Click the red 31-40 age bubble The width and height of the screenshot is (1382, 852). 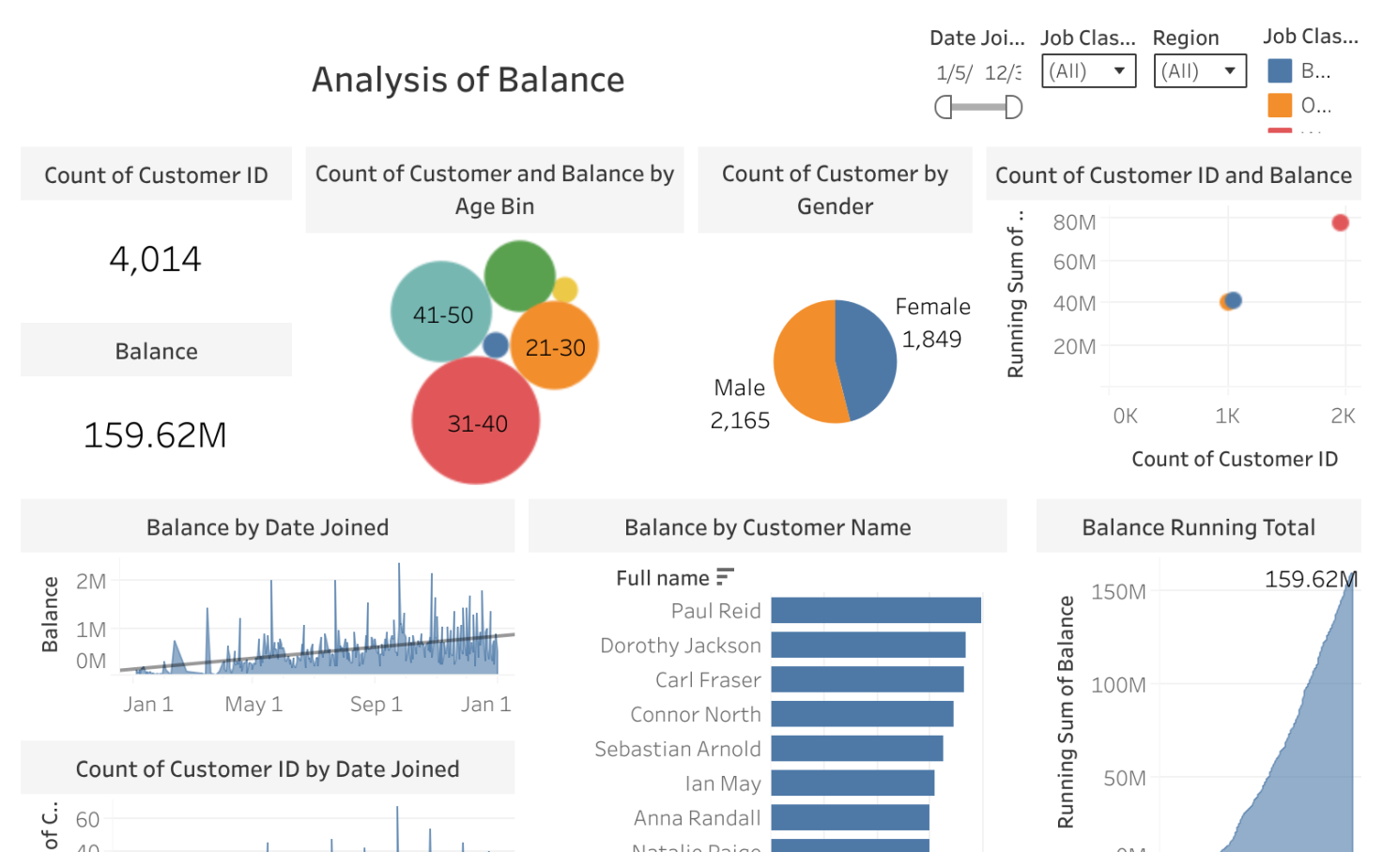pos(476,421)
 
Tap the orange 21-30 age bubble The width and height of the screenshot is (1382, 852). pos(555,346)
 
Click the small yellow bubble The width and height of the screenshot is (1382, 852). pos(565,290)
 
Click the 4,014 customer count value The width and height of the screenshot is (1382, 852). pos(156,259)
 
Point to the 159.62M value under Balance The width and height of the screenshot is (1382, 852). pos(156,435)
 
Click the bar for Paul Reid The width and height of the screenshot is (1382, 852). pos(875,611)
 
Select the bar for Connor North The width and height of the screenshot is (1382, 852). pos(862,714)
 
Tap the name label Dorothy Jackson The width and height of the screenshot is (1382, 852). pos(681,646)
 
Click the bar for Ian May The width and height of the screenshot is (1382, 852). pos(852,783)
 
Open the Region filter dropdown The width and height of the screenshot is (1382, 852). pos(1200,71)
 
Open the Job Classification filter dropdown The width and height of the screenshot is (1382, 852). pos(1088,71)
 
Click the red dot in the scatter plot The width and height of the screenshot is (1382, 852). pos(1340,222)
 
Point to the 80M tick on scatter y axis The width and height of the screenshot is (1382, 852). pos(1074,222)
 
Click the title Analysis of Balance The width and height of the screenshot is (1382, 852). pos(468,80)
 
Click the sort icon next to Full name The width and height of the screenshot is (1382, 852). pos(724,577)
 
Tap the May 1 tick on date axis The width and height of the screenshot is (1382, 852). pos(253,704)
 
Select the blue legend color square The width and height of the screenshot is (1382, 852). pos(1280,71)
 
